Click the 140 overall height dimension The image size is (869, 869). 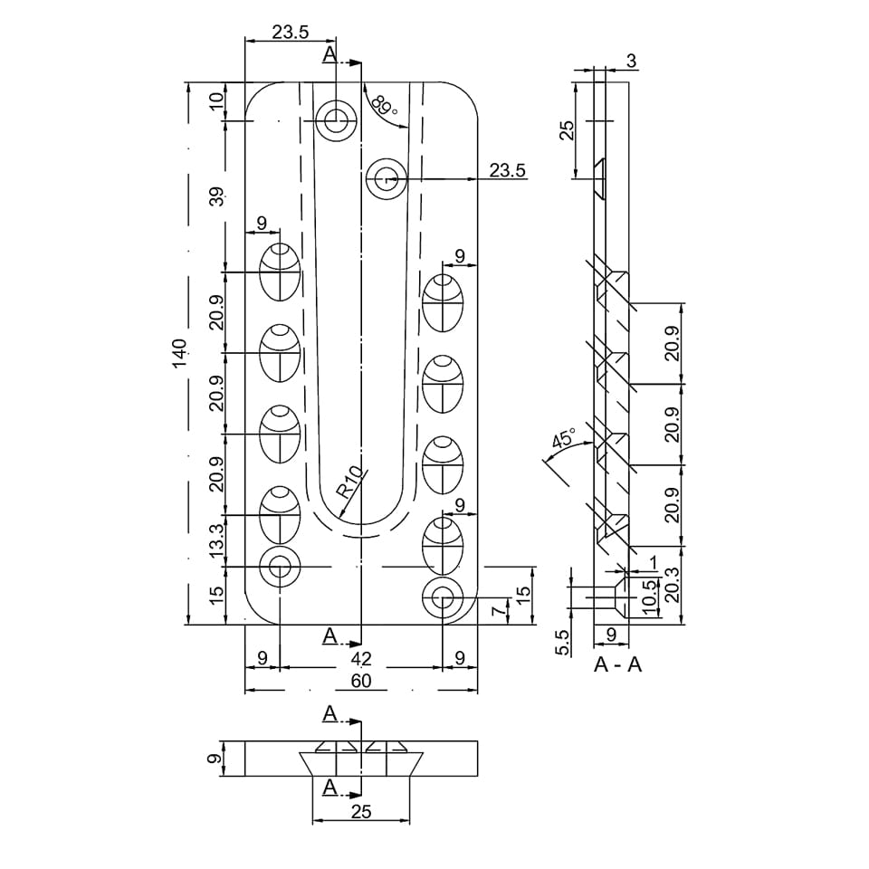tap(179, 353)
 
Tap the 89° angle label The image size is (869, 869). tap(384, 105)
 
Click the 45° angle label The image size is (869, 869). tap(564, 437)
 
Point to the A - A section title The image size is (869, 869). tap(617, 664)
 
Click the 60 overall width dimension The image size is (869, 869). tap(361, 681)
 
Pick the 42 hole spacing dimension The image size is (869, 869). tap(361, 658)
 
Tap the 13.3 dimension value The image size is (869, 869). tap(216, 540)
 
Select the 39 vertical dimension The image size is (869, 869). tap(216, 196)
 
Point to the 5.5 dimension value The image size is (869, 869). tap(562, 643)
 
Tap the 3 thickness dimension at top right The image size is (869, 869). tap(631, 61)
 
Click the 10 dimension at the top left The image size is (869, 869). tap(216, 100)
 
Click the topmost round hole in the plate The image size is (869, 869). tap(336, 120)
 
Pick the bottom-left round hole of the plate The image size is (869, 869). tap(280, 567)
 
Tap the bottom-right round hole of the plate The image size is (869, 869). tap(443, 598)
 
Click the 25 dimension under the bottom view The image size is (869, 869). tap(361, 812)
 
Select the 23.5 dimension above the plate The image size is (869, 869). tap(291, 33)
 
